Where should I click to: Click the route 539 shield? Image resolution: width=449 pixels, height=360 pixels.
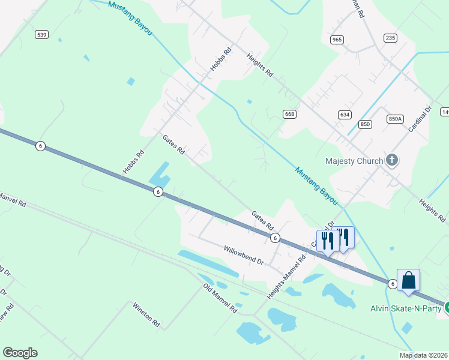click(x=41, y=35)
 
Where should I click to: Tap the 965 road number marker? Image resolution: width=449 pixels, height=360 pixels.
click(x=337, y=40)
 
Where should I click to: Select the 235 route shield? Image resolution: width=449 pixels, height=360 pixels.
click(x=391, y=38)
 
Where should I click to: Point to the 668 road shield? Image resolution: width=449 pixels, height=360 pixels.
click(x=290, y=114)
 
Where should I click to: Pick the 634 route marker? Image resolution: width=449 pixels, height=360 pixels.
click(x=345, y=114)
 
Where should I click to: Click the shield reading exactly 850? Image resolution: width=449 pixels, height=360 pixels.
click(x=365, y=124)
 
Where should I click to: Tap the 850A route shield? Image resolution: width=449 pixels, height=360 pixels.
click(x=394, y=119)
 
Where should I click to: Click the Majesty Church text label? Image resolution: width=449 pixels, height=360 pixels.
click(x=354, y=161)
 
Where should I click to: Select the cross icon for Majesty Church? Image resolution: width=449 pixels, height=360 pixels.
click(x=392, y=160)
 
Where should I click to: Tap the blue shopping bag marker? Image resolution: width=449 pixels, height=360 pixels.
click(x=408, y=281)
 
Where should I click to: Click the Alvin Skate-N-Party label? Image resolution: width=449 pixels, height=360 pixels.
click(x=405, y=308)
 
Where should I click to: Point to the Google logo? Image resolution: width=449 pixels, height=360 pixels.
click(x=20, y=353)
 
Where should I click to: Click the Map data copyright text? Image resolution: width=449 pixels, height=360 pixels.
click(x=423, y=355)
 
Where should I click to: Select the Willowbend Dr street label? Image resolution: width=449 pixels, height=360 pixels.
click(x=244, y=255)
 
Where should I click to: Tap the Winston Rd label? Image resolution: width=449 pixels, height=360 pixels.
click(x=147, y=314)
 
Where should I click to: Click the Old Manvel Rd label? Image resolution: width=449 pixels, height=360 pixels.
click(x=220, y=298)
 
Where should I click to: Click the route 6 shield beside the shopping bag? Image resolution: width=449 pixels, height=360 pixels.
click(x=392, y=284)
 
